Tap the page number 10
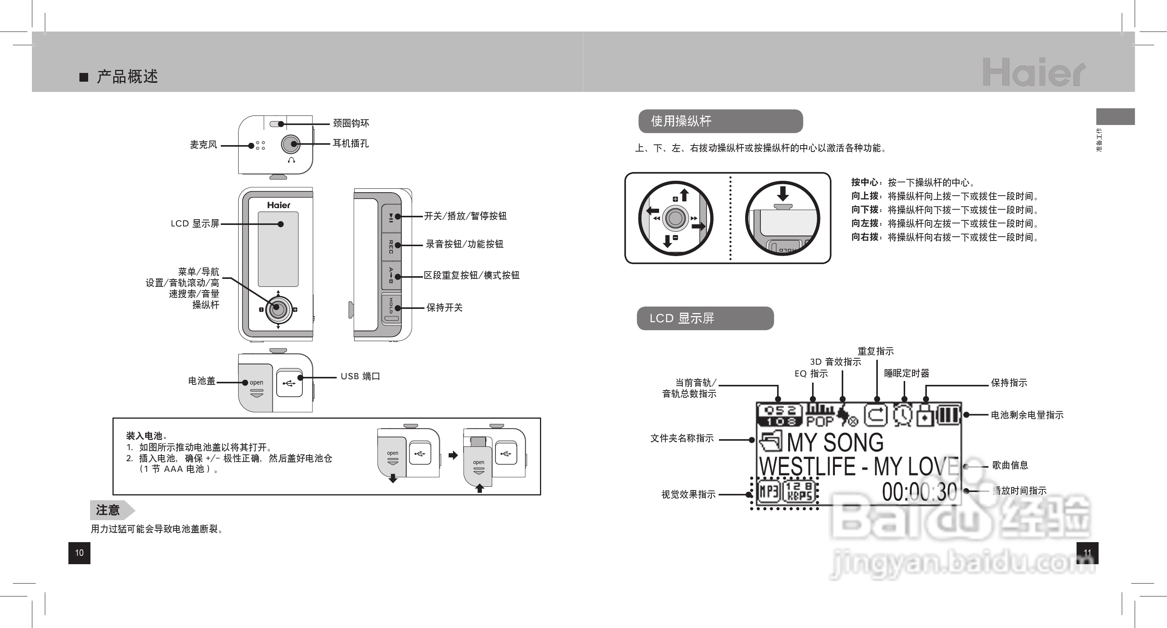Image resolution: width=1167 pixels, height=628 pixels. tap(79, 553)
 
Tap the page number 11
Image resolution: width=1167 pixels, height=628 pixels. tap(1087, 553)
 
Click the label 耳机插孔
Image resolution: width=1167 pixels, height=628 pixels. tap(351, 144)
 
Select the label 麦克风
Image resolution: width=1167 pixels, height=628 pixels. tap(203, 145)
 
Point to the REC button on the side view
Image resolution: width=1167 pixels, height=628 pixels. tap(391, 246)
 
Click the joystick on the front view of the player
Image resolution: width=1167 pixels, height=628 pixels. tap(278, 309)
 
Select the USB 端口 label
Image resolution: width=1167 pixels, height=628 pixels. tap(360, 376)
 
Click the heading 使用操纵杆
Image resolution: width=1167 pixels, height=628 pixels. tap(681, 121)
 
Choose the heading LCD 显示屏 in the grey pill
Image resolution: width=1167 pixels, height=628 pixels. tap(682, 318)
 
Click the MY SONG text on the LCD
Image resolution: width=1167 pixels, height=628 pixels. tap(835, 442)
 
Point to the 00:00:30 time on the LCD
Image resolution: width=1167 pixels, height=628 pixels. tap(919, 492)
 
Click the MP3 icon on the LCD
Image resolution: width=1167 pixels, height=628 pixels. tap(769, 492)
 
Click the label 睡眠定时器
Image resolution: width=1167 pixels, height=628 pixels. tap(907, 373)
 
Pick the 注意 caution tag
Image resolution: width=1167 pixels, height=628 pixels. tap(109, 510)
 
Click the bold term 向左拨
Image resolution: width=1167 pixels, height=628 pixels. tap(865, 224)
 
